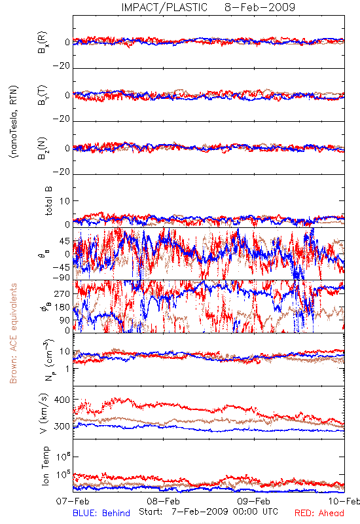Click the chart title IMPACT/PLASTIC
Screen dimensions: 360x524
pyautogui.click(x=164, y=7)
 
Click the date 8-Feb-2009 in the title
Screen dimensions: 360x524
pyautogui.click(x=260, y=7)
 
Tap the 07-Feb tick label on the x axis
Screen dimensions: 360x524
pyautogui.click(x=73, y=501)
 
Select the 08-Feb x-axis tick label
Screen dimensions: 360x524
pyautogui.click(x=163, y=501)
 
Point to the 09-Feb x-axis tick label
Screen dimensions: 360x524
pyautogui.click(x=254, y=501)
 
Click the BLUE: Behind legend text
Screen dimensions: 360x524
pyautogui.click(x=101, y=513)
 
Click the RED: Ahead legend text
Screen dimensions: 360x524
pyautogui.click(x=319, y=513)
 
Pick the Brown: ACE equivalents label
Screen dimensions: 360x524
pyautogui.click(x=13, y=333)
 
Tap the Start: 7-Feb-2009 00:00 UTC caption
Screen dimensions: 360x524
pyautogui.click(x=209, y=512)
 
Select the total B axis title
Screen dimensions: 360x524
pyautogui.click(x=48, y=201)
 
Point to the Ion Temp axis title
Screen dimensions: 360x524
pyautogui.click(x=45, y=466)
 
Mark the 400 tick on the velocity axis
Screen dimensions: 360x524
pyautogui.click(x=62, y=400)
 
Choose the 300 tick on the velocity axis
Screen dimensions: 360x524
pyautogui.click(x=62, y=426)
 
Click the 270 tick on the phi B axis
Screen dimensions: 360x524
pyautogui.click(x=62, y=293)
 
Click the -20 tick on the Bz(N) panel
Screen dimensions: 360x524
pyautogui.click(x=61, y=172)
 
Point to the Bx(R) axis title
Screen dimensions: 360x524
pyautogui.click(x=43, y=43)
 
